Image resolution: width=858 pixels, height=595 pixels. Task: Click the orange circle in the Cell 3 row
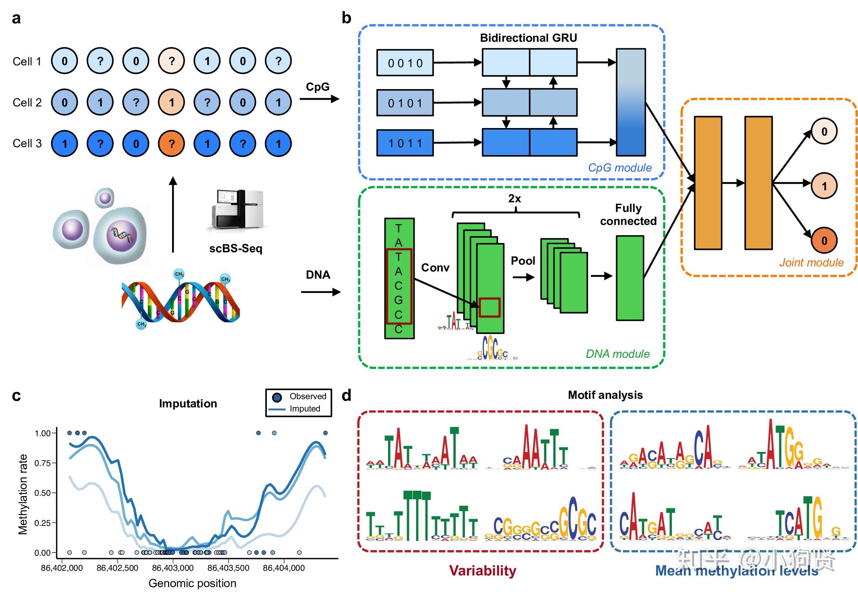pyautogui.click(x=171, y=143)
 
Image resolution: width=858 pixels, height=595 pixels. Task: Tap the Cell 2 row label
pyautogui.click(x=27, y=102)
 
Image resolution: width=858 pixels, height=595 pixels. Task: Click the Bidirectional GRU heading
pyautogui.click(x=528, y=38)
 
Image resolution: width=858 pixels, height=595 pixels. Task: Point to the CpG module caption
pyautogui.click(x=620, y=168)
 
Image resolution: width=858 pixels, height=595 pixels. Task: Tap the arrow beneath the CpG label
pyautogui.click(x=319, y=99)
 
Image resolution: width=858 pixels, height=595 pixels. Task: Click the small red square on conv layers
pyautogui.click(x=489, y=307)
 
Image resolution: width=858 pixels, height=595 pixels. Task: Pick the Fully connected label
pyautogui.click(x=628, y=215)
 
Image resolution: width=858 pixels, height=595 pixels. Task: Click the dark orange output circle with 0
pyautogui.click(x=824, y=240)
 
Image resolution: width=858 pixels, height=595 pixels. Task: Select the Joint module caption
pyautogui.click(x=811, y=263)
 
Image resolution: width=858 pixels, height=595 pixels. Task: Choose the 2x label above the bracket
pyautogui.click(x=515, y=199)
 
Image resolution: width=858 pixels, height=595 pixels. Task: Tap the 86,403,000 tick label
pyautogui.click(x=173, y=568)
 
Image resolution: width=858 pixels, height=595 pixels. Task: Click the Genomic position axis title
pyautogui.click(x=192, y=583)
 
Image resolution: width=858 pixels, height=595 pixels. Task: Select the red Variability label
pyautogui.click(x=482, y=571)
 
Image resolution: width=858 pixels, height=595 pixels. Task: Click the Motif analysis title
pyautogui.click(x=605, y=395)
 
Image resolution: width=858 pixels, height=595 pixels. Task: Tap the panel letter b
pyautogui.click(x=346, y=18)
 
